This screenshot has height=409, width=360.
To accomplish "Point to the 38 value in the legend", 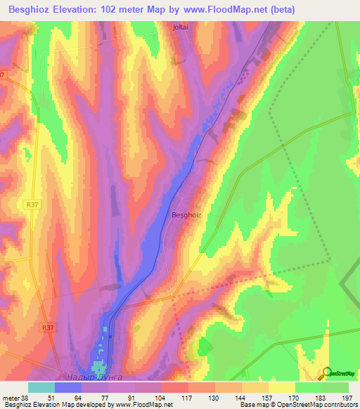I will point(25,397).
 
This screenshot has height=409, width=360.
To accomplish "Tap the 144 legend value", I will point(240,397).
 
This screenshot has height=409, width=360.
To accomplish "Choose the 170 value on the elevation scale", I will point(295,397).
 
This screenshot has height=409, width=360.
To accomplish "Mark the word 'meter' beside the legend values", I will point(10,397).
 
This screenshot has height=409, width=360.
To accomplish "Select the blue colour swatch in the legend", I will point(68,387).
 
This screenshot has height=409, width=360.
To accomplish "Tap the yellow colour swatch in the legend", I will point(281,387).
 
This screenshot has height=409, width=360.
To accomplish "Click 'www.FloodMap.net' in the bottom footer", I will point(143,405).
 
